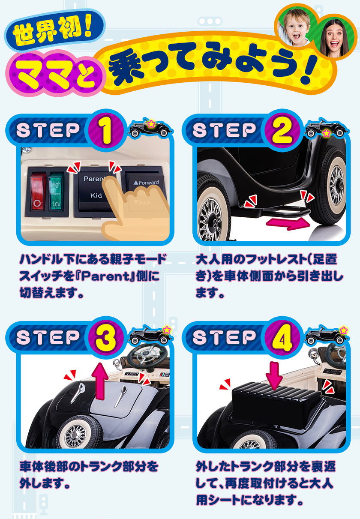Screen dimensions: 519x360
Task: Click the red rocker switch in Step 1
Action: pyautogui.click(x=38, y=191)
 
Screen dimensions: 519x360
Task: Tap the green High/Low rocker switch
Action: pyautogui.click(x=56, y=191)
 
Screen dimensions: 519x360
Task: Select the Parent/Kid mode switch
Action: pyautogui.click(x=94, y=189)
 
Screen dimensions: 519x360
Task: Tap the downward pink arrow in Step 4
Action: pyautogui.click(x=274, y=374)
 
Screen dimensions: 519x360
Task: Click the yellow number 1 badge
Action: pyautogui.click(x=105, y=131)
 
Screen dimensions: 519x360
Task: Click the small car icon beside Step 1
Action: pyautogui.click(x=150, y=129)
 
